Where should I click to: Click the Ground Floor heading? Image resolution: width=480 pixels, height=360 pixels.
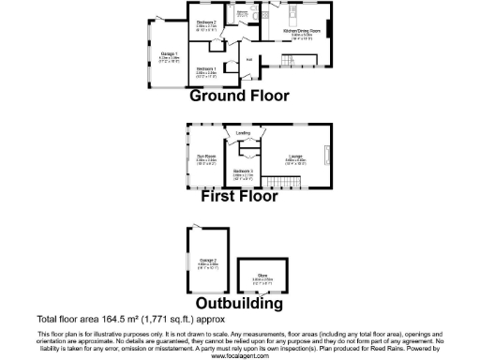coord(239,96)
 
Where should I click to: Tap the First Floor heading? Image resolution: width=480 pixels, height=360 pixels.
coord(240,197)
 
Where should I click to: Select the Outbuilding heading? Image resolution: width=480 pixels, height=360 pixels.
coord(239,304)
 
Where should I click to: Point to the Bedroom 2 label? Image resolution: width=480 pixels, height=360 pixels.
coord(206,22)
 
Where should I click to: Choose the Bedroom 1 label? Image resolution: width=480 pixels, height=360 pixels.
coord(206,68)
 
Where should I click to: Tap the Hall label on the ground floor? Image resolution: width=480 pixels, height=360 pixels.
coord(248,58)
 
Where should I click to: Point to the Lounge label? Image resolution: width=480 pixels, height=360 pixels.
coord(294,156)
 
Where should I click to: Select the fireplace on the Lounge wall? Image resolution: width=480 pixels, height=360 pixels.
coord(327,155)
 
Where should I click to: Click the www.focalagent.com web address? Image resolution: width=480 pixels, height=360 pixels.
coord(239,355)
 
